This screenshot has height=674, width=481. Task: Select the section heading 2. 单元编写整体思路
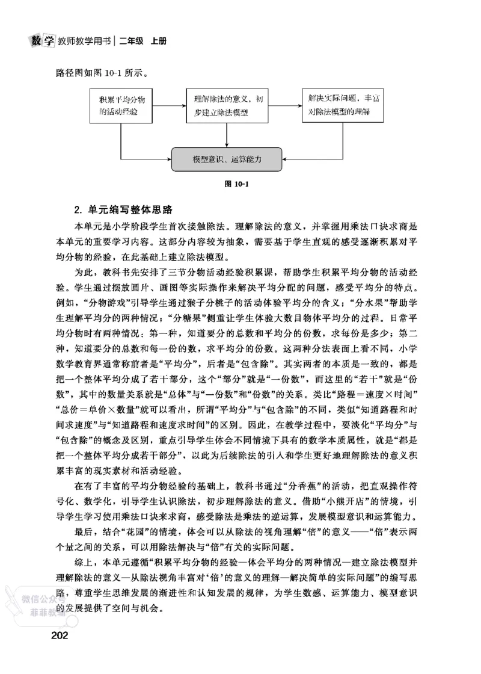pos(123,210)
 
